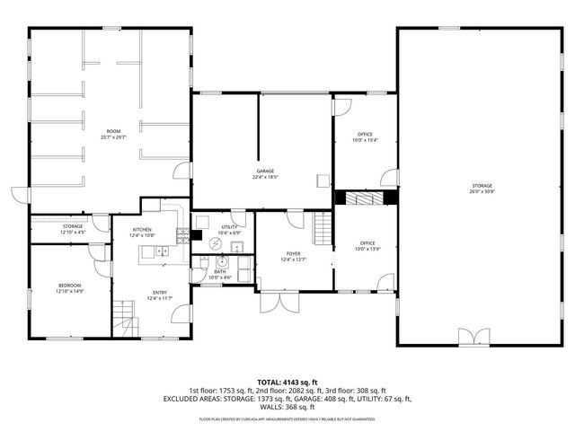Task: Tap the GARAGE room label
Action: point(264,171)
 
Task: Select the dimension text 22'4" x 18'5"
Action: point(264,178)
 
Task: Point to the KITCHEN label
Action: point(143,229)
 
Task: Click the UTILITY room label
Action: point(229,227)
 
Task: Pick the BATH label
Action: point(220,271)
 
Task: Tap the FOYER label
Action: point(293,254)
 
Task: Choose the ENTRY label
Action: point(159,292)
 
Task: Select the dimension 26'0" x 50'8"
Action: point(482,191)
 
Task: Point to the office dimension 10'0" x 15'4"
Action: point(365,140)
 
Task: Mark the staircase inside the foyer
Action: point(323,231)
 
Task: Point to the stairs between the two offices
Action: point(365,198)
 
